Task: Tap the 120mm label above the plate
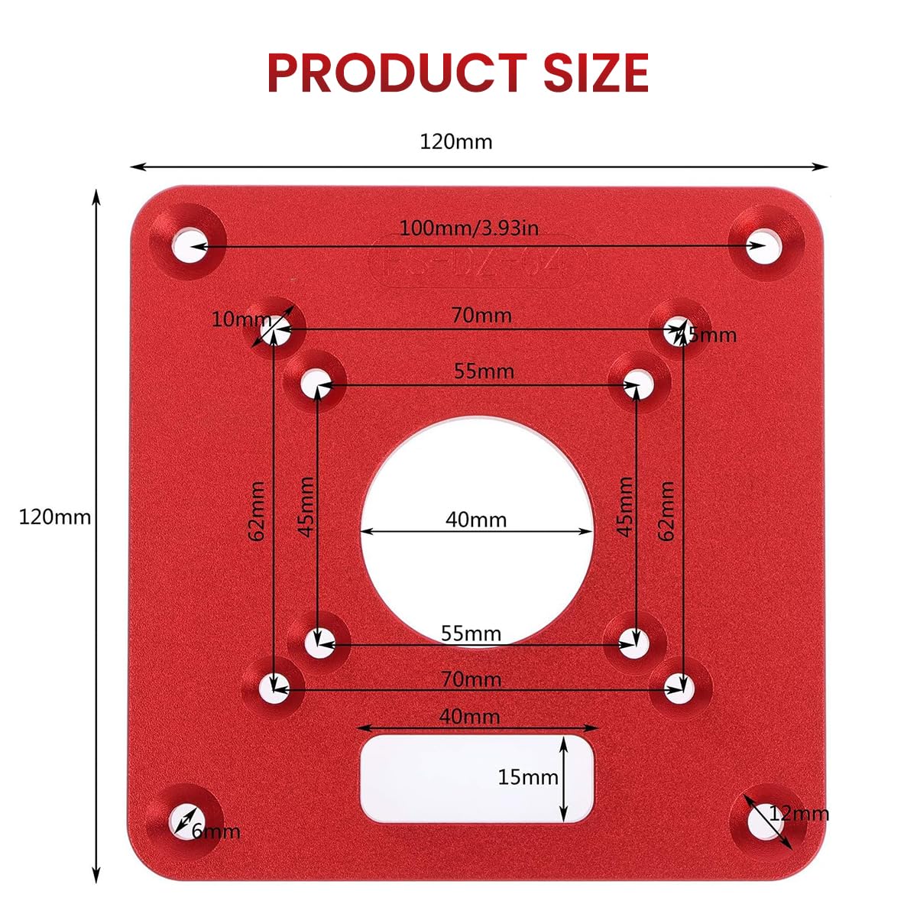coord(456,142)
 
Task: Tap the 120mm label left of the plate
coord(54,517)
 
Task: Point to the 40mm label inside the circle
coord(476,520)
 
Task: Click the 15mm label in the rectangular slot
coord(528,778)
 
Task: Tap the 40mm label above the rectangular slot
coord(469,717)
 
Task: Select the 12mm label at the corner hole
coord(799,814)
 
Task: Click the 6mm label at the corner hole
coord(215,831)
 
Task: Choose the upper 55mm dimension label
coord(484,371)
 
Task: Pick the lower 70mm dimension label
coord(471,679)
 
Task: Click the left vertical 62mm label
coord(258,510)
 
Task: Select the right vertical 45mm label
coord(624,507)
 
